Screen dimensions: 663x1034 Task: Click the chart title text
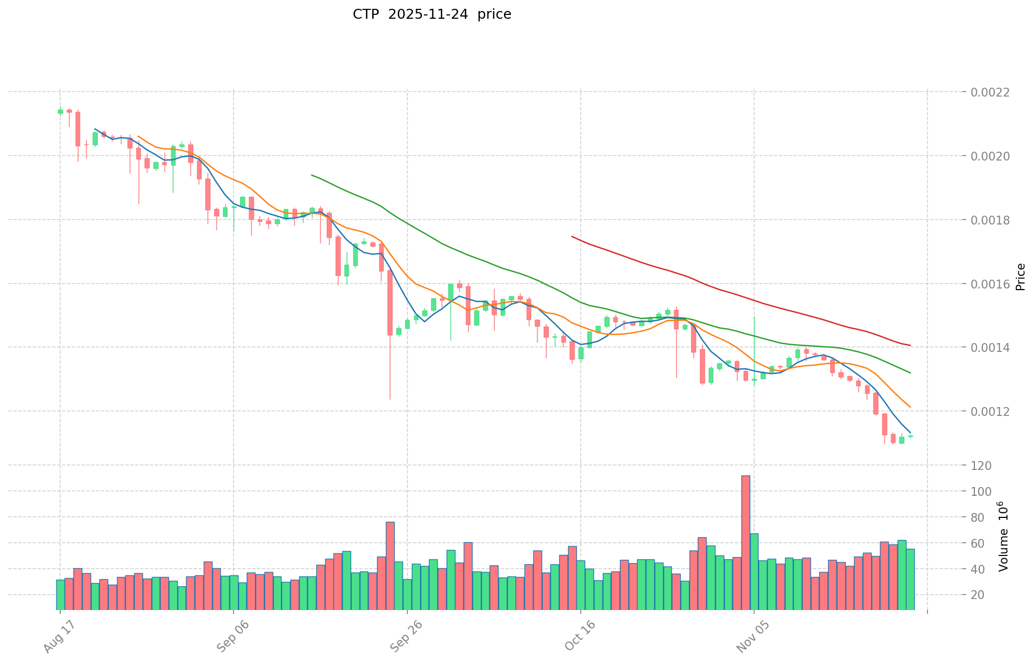click(432, 14)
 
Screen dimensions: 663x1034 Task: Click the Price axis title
click(1020, 276)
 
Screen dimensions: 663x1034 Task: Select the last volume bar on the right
click(910, 579)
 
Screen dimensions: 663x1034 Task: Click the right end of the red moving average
click(910, 346)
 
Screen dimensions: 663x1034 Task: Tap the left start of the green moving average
click(312, 175)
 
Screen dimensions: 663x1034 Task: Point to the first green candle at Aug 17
click(60, 111)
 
